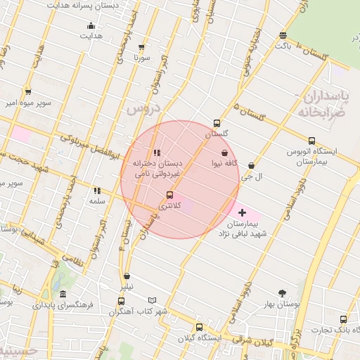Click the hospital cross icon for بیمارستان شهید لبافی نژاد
[x=243, y=212]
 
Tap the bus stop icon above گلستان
[x=217, y=123]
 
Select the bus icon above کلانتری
[x=169, y=195]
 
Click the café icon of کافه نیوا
[x=224, y=153]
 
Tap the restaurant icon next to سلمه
[x=97, y=191]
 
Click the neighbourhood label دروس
[x=143, y=109]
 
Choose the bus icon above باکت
[x=283, y=35]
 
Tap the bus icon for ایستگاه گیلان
[x=199, y=327]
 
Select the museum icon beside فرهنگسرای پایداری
[x=63, y=294]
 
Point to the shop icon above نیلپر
[x=127, y=276]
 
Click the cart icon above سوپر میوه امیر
[x=28, y=91]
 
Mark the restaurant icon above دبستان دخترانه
[x=157, y=153]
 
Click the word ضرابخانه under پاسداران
[x=322, y=112]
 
